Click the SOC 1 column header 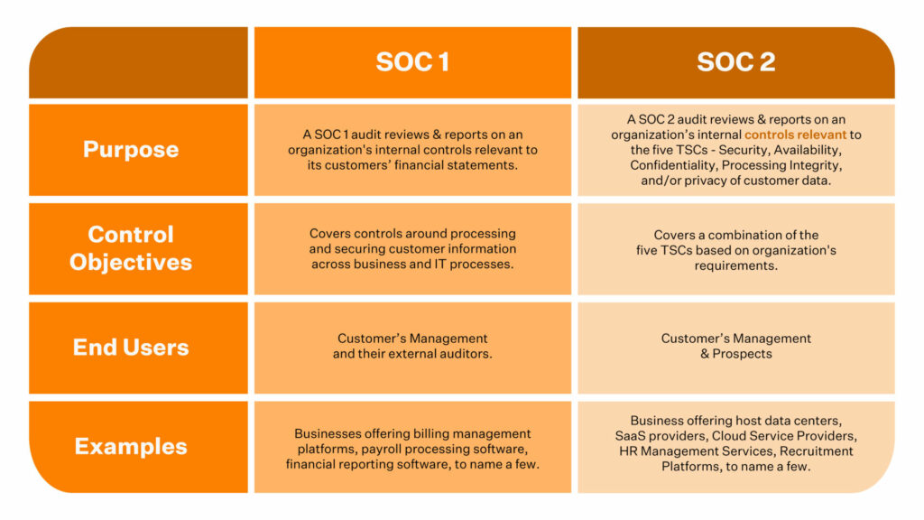coord(412,62)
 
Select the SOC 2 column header coord(735,62)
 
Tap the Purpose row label coord(131,149)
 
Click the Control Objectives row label coord(131,248)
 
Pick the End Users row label coord(131,347)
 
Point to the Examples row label coord(131,446)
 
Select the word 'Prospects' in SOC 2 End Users coord(743,354)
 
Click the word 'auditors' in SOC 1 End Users coord(467,354)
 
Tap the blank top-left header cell coord(138,62)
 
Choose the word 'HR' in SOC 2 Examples coord(630,451)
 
